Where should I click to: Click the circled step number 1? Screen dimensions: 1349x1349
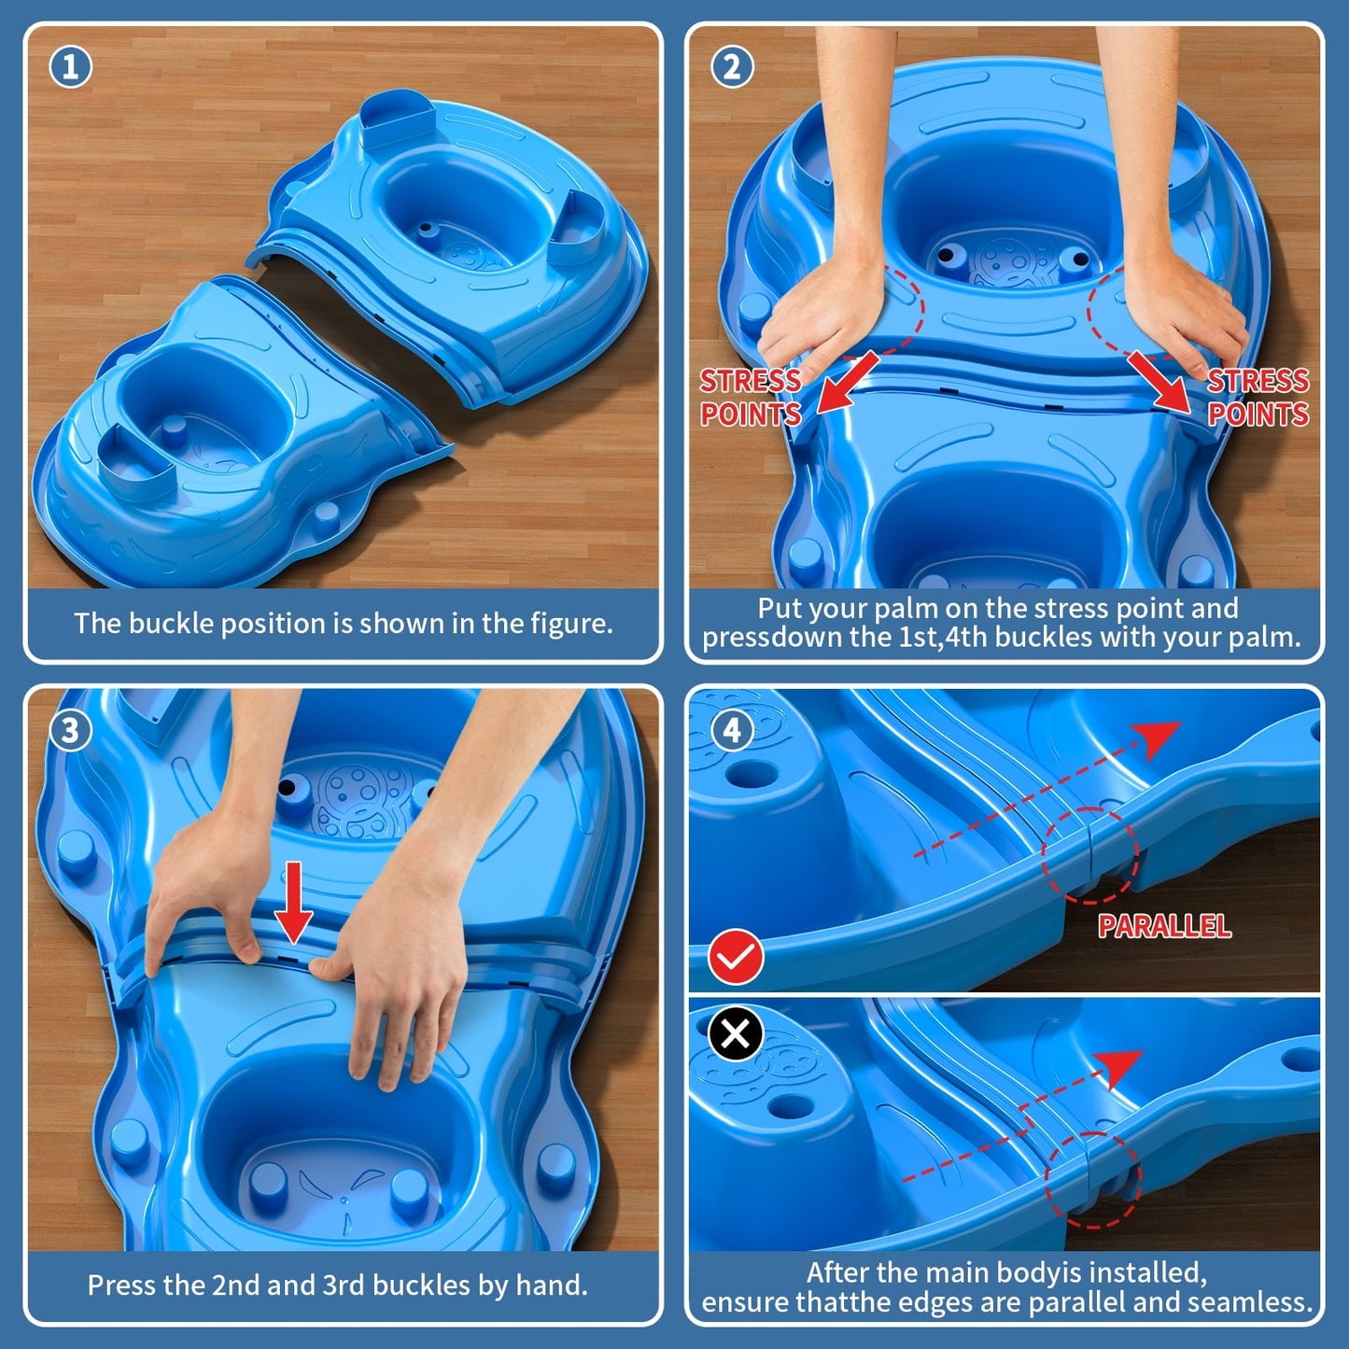(x=70, y=67)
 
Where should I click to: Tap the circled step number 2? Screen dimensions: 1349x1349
(x=732, y=67)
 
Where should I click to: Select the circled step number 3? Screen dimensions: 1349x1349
(x=70, y=730)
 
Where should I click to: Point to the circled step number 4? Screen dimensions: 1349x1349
(x=732, y=730)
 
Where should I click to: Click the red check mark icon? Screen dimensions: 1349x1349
(x=736, y=957)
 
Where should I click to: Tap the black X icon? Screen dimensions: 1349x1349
(x=736, y=1034)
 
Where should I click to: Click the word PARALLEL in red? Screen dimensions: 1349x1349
(x=1164, y=926)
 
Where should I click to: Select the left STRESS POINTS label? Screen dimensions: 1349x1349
(x=751, y=398)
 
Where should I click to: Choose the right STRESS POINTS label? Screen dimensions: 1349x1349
(x=1258, y=398)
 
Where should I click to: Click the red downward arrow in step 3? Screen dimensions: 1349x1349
(x=294, y=903)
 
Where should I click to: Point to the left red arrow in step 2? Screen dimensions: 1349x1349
(x=848, y=383)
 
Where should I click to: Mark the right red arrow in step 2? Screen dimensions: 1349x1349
(x=1159, y=381)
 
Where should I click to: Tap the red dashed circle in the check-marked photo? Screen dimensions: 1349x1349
(x=1089, y=855)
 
